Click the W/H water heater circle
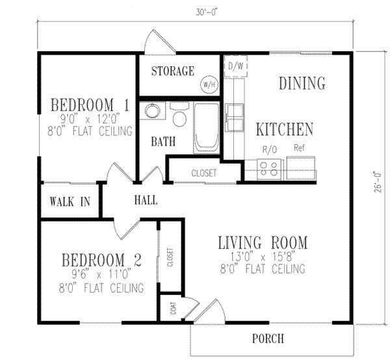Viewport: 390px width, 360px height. (209, 84)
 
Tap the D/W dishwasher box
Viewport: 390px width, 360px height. (233, 66)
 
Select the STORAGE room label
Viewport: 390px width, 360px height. (172, 71)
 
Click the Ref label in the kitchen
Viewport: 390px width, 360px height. (300, 148)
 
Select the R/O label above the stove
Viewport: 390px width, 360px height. (269, 148)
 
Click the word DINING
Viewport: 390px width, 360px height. (302, 83)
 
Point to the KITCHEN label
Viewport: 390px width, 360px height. (284, 129)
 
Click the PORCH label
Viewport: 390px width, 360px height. (267, 339)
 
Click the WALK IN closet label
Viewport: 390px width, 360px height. (69, 201)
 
